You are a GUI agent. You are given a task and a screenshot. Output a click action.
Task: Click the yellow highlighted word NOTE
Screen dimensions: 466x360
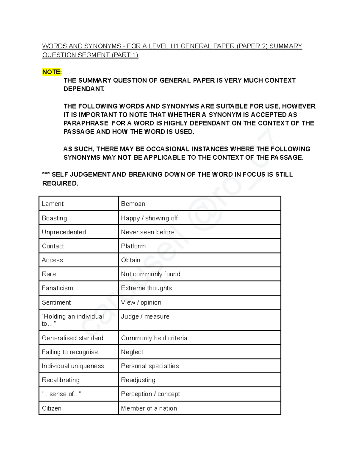pyautogui.click(x=51, y=72)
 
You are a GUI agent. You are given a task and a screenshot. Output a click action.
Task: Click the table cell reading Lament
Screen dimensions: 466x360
pyautogui.click(x=53, y=204)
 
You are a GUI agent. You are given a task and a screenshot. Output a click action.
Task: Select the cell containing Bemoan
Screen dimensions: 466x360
pyautogui.click(x=133, y=204)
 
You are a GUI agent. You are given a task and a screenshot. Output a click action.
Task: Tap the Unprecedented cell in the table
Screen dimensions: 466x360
pyautogui.click(x=64, y=232)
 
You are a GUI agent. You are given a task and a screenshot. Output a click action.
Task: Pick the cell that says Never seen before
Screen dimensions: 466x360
pyautogui.click(x=148, y=232)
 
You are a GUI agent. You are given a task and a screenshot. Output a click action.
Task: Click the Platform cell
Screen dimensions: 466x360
pyautogui.click(x=133, y=246)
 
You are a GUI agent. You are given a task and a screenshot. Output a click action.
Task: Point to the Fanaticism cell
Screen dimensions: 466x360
pyautogui.click(x=58, y=288)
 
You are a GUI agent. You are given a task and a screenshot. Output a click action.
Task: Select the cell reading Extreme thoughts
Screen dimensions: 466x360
pyautogui.click(x=146, y=288)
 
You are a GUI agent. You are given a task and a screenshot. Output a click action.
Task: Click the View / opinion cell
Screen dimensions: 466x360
pyautogui.click(x=141, y=302)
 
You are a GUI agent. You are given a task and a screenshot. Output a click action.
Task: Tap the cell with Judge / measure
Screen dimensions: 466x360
pyautogui.click(x=145, y=317)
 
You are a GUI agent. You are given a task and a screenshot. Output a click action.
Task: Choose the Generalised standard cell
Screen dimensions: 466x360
pyautogui.click(x=73, y=338)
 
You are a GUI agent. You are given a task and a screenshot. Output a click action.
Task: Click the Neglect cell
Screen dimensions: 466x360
pyautogui.click(x=132, y=352)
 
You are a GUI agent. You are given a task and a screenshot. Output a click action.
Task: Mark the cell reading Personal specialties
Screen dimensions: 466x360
pyautogui.click(x=150, y=366)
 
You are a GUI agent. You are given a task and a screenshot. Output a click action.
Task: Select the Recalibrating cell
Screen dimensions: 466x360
pyautogui.click(x=61, y=380)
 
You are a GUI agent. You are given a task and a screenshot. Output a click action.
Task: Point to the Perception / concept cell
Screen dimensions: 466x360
pyautogui.click(x=151, y=394)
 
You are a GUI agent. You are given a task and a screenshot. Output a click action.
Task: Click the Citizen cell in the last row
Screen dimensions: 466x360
pyautogui.click(x=52, y=408)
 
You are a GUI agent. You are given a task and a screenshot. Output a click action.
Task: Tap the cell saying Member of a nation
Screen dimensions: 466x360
pyautogui.click(x=149, y=408)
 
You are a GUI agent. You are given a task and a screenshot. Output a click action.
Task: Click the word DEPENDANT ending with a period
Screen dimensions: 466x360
pyautogui.click(x=84, y=89)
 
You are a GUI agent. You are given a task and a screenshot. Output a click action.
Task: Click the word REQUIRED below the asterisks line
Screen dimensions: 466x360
pyautogui.click(x=60, y=183)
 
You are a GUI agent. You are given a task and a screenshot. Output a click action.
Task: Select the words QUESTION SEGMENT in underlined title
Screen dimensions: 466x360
pyautogui.click(x=76, y=55)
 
